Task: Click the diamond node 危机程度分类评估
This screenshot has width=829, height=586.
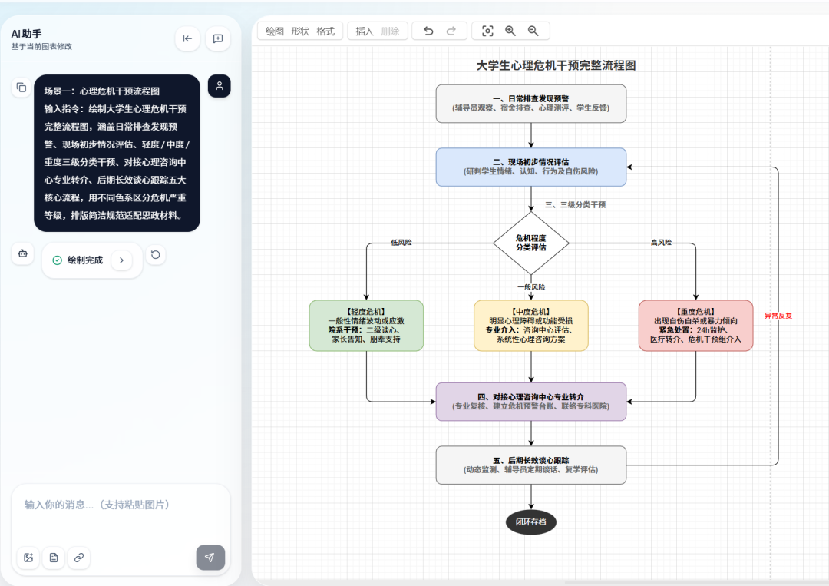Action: [x=531, y=243]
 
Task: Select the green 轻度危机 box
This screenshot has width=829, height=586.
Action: [x=366, y=326]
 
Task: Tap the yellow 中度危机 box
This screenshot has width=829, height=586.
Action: [x=531, y=326]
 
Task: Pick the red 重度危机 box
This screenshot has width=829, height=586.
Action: [x=695, y=326]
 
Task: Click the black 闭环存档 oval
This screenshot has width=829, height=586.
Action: [x=531, y=522]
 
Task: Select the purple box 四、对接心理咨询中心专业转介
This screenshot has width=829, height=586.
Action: [x=531, y=402]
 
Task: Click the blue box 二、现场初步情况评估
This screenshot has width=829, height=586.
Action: [x=531, y=167]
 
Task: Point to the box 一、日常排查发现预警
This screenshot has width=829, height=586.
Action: [x=531, y=103]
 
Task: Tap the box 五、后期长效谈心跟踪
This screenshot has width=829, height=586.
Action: [x=531, y=465]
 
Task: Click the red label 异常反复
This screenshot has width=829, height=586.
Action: [x=778, y=316]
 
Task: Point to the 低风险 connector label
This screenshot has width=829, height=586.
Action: [x=401, y=242]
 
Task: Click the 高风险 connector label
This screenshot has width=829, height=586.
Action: [x=661, y=242]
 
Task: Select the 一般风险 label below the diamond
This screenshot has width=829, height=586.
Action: [x=531, y=286]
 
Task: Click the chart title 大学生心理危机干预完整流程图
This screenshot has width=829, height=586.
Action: [x=557, y=65]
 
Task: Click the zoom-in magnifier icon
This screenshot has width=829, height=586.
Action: [x=510, y=31]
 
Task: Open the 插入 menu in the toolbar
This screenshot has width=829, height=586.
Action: [x=365, y=31]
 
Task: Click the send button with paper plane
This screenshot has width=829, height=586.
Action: [x=210, y=558]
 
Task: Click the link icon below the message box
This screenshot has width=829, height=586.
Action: [x=79, y=558]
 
